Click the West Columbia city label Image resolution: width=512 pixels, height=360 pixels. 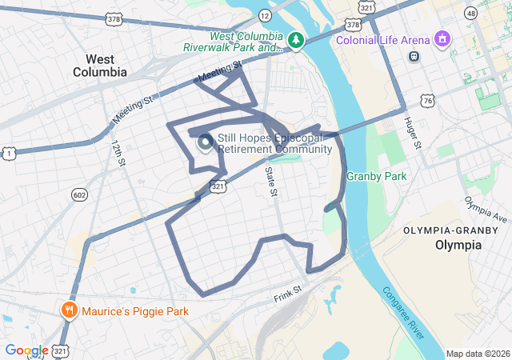point(106,66)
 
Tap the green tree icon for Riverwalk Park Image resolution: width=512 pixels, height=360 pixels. point(296,40)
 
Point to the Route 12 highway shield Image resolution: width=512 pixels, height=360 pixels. point(264,14)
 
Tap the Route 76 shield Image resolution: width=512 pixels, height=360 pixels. point(428,100)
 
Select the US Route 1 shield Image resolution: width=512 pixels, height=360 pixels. point(9,152)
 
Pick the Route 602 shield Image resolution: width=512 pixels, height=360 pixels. point(78,194)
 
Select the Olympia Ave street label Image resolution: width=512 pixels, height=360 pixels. point(486,210)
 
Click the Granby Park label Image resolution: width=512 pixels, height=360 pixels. point(376,176)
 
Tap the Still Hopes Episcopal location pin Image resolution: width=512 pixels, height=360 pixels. point(205,142)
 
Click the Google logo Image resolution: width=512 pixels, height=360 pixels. point(26,350)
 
